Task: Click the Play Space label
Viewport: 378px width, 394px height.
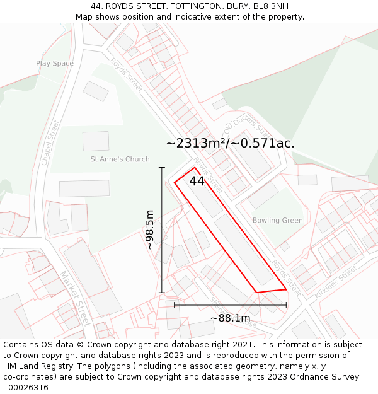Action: click(55, 63)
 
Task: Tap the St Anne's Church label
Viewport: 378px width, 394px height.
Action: click(120, 159)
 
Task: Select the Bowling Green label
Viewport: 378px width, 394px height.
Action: click(277, 221)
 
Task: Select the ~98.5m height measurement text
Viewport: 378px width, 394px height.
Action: click(150, 229)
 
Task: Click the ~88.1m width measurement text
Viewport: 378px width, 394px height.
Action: click(230, 318)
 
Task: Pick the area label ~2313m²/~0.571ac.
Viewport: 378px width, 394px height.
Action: click(230, 143)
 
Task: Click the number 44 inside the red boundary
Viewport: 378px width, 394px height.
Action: click(197, 181)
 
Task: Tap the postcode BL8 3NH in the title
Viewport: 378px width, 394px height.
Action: click(268, 6)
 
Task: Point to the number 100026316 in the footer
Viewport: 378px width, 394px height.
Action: click(25, 388)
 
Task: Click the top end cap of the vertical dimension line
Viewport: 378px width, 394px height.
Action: click(162, 168)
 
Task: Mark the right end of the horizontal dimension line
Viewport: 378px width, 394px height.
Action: click(286, 305)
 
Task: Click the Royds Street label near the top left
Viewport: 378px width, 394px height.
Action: click(126, 74)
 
